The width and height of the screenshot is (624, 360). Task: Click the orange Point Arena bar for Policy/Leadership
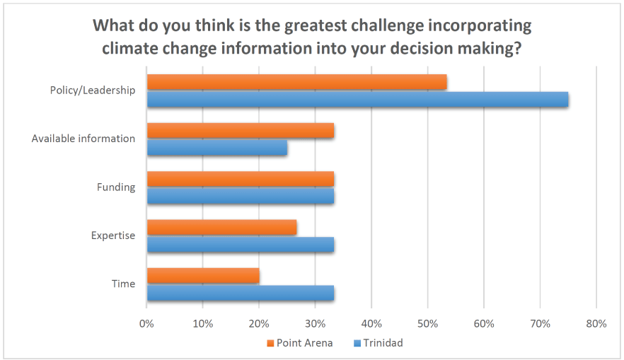(x=296, y=82)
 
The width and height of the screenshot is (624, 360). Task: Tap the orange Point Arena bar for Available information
(x=240, y=131)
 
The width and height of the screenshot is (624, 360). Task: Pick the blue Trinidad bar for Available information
(x=216, y=148)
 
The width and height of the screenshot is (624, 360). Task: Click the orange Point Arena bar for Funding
(x=240, y=179)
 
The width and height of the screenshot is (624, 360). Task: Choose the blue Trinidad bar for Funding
(x=240, y=196)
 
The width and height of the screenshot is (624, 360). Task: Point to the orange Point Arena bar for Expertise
(x=221, y=227)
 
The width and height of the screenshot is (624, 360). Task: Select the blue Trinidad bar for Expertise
(x=240, y=245)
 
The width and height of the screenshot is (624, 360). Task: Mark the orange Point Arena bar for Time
(x=203, y=275)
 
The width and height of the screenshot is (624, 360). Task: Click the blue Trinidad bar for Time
(x=240, y=293)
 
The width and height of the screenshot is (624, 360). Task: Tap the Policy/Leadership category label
(x=92, y=91)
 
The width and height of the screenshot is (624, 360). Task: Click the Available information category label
(x=83, y=139)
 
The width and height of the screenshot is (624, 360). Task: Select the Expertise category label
(x=112, y=236)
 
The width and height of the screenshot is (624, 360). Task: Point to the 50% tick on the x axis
(x=427, y=324)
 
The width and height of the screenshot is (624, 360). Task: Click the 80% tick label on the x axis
(x=596, y=324)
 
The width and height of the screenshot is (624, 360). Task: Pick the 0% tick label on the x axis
(x=146, y=324)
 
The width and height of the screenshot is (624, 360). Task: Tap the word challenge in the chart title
(x=359, y=26)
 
